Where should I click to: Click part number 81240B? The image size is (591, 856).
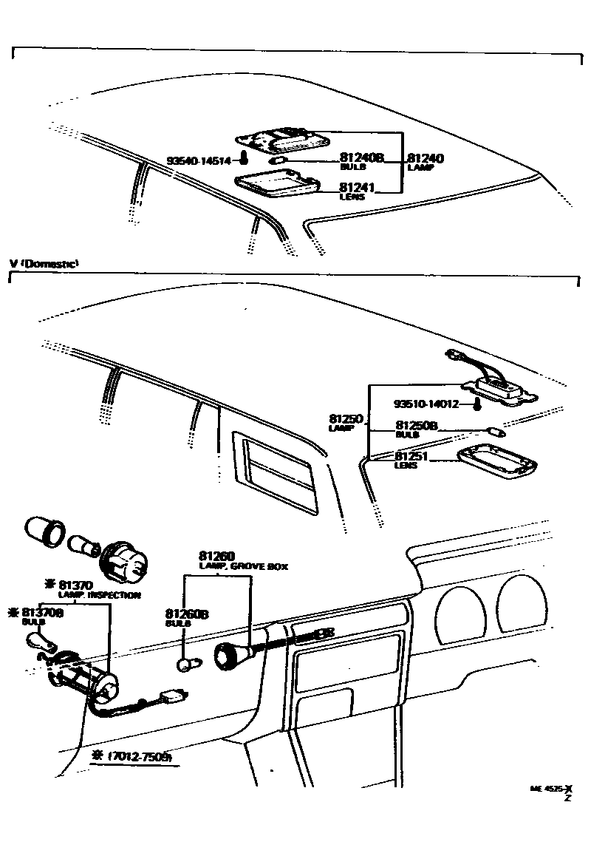coord(362,157)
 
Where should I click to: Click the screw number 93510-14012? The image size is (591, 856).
coord(426,404)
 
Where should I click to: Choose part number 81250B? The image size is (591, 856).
coord(417,426)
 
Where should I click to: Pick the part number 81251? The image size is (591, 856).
coord(412,456)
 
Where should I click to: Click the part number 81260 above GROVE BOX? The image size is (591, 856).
coord(216,556)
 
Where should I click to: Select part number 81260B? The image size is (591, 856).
coord(187,614)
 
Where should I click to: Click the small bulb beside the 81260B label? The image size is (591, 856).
coord(186,662)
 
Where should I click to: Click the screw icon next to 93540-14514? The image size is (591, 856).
coord(245,159)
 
